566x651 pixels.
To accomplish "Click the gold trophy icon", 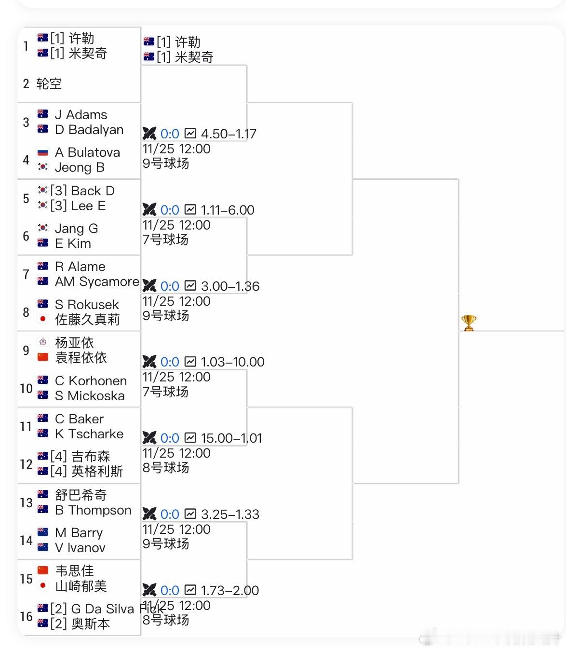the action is coord(469,323).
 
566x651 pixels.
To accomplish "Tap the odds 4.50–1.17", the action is coord(229,134).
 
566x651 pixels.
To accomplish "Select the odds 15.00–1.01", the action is coord(231,438).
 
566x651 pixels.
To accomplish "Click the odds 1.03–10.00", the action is coord(232,362).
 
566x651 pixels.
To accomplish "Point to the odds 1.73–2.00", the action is coord(230,590).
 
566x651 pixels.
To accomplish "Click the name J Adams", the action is coord(81,115).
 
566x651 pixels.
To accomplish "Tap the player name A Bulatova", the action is coord(87,152).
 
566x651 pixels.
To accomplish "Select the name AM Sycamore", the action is coord(97,282).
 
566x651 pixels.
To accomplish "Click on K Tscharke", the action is coord(89,434).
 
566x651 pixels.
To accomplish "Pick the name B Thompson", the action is coord(93,510).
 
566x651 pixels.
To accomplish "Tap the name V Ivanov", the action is coord(80,548).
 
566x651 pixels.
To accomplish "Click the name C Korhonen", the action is coord(91,381).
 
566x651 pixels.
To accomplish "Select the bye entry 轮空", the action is coord(49,84).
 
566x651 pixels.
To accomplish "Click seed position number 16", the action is coord(26,616).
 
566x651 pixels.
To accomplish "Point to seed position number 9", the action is coord(26,350).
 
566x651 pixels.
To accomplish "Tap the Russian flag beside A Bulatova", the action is coord(43,152).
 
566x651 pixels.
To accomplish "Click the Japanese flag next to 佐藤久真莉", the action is coord(43,319).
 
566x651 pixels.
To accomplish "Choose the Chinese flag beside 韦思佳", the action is coord(43,571).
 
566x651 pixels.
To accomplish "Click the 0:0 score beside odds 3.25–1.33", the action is coord(170,514).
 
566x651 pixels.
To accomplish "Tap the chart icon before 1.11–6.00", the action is coord(191,210).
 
